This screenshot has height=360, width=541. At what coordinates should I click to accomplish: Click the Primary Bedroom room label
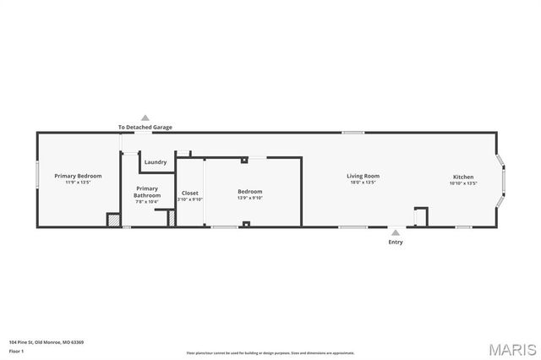(78, 176)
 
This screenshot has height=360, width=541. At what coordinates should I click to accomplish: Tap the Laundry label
(155, 162)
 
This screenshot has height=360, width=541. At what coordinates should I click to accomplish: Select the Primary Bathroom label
(146, 192)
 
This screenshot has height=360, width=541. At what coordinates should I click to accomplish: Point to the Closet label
(190, 193)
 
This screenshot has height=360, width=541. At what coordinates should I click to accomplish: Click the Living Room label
(363, 177)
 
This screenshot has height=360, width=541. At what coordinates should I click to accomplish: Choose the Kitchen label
(462, 177)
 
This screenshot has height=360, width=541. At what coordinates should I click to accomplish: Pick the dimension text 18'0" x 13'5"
(363, 183)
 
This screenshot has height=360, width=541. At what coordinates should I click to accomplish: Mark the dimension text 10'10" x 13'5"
(462, 183)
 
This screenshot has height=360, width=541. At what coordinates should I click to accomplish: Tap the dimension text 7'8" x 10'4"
(146, 202)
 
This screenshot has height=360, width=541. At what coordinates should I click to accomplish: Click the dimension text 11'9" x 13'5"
(78, 183)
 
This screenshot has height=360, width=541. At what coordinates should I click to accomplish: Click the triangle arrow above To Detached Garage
(145, 118)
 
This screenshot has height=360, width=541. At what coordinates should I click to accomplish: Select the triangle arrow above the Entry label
(395, 232)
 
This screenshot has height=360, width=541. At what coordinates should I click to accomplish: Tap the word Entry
(395, 243)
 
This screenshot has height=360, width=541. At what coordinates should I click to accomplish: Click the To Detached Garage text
(145, 127)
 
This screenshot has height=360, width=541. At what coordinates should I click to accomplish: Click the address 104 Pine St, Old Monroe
(46, 342)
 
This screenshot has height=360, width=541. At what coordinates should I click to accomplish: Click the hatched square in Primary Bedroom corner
(112, 220)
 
